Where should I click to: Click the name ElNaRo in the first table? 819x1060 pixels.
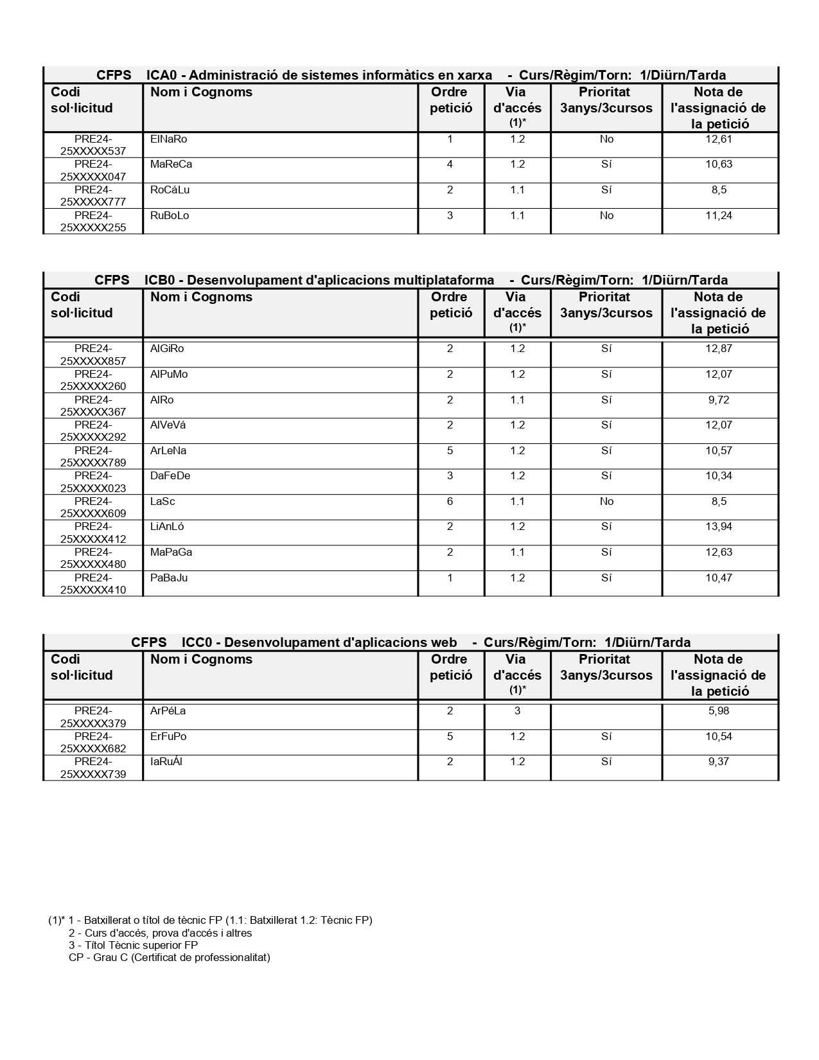pyautogui.click(x=168, y=139)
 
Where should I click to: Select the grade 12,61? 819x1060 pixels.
pyautogui.click(x=718, y=139)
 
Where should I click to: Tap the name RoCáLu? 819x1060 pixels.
pyautogui.click(x=170, y=190)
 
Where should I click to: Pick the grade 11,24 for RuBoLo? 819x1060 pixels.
pyautogui.click(x=718, y=216)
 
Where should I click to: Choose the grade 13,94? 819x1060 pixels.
pyautogui.click(x=718, y=527)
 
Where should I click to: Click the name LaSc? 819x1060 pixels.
pyautogui.click(x=163, y=502)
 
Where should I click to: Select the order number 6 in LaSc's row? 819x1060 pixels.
pyautogui.click(x=450, y=502)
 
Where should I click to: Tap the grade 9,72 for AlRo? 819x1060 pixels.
pyautogui.click(x=718, y=400)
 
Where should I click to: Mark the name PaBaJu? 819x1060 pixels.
pyautogui.click(x=169, y=578)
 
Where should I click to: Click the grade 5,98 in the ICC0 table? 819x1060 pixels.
pyautogui.click(x=718, y=711)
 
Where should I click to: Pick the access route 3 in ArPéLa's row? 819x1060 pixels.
pyautogui.click(x=517, y=711)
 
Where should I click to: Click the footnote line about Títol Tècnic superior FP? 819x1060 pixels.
pyautogui.click(x=133, y=945)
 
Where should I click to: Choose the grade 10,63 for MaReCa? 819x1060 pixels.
pyautogui.click(x=718, y=164)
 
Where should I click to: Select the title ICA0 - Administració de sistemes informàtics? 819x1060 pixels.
pyautogui.click(x=319, y=75)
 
